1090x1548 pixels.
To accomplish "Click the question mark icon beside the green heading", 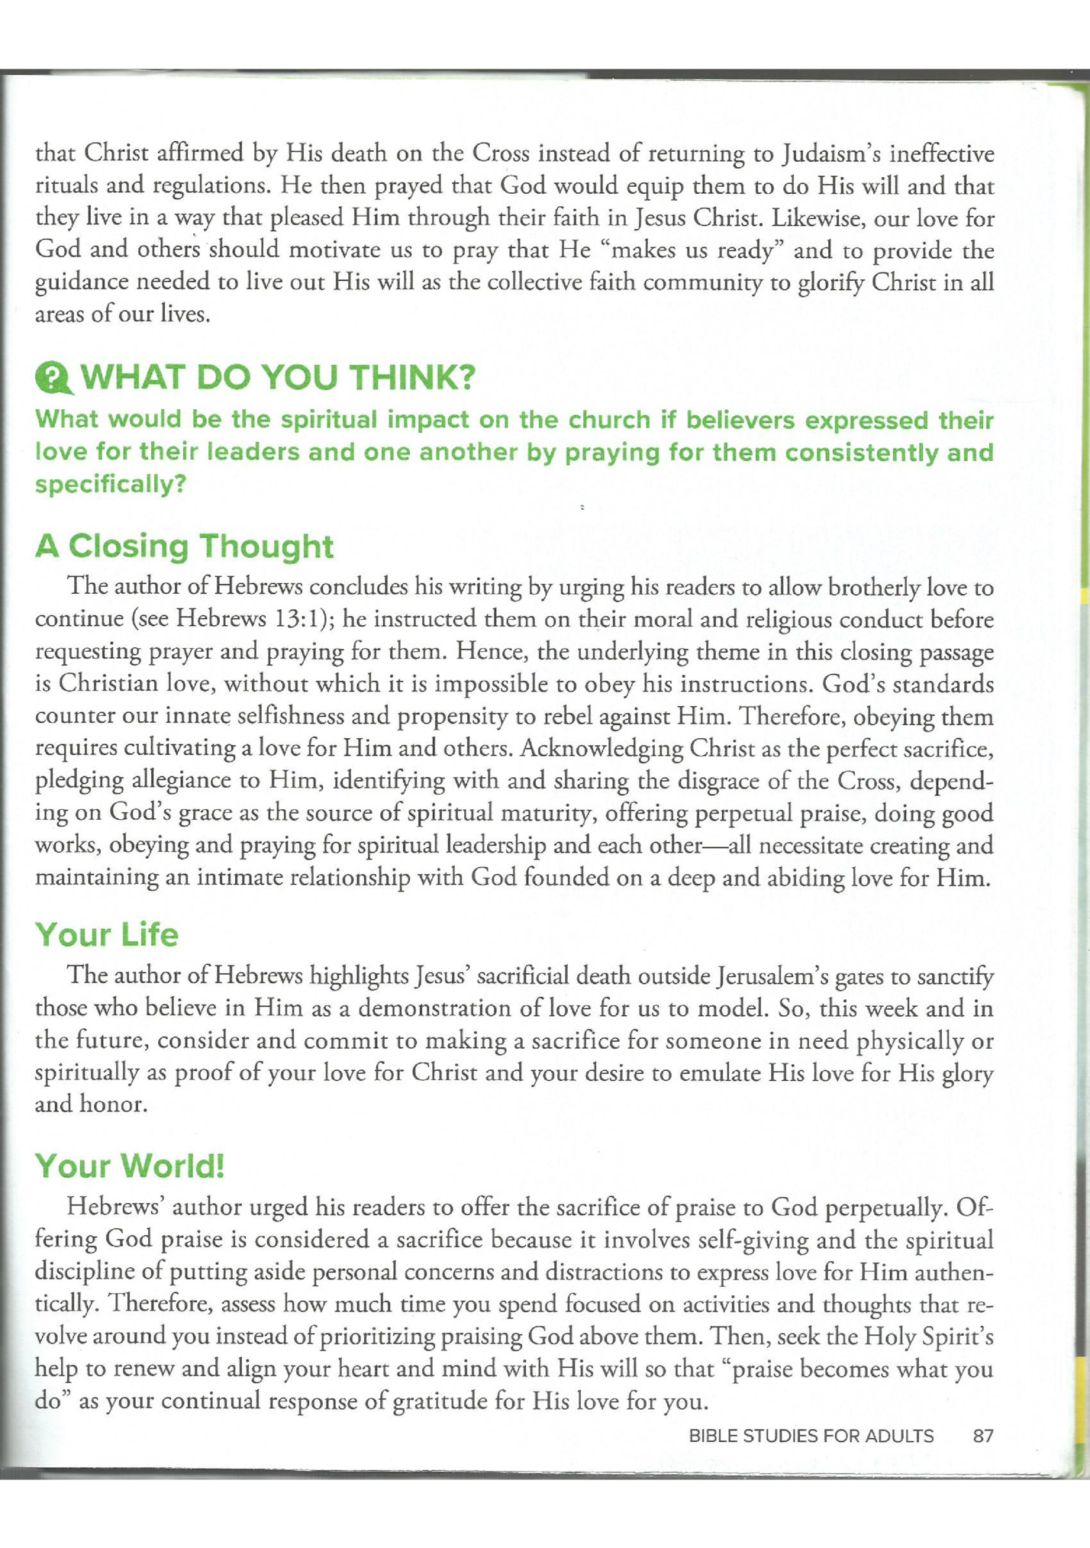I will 53,378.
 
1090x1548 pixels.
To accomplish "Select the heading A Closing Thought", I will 184,547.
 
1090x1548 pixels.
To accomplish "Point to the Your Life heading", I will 106,935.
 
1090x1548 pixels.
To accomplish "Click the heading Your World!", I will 130,1166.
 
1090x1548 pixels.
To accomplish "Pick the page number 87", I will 983,1436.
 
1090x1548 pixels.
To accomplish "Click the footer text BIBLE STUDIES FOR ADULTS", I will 811,1436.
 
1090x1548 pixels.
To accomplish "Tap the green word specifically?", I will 111,485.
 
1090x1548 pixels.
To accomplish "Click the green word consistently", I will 861,453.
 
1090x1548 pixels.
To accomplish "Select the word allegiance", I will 193,780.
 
